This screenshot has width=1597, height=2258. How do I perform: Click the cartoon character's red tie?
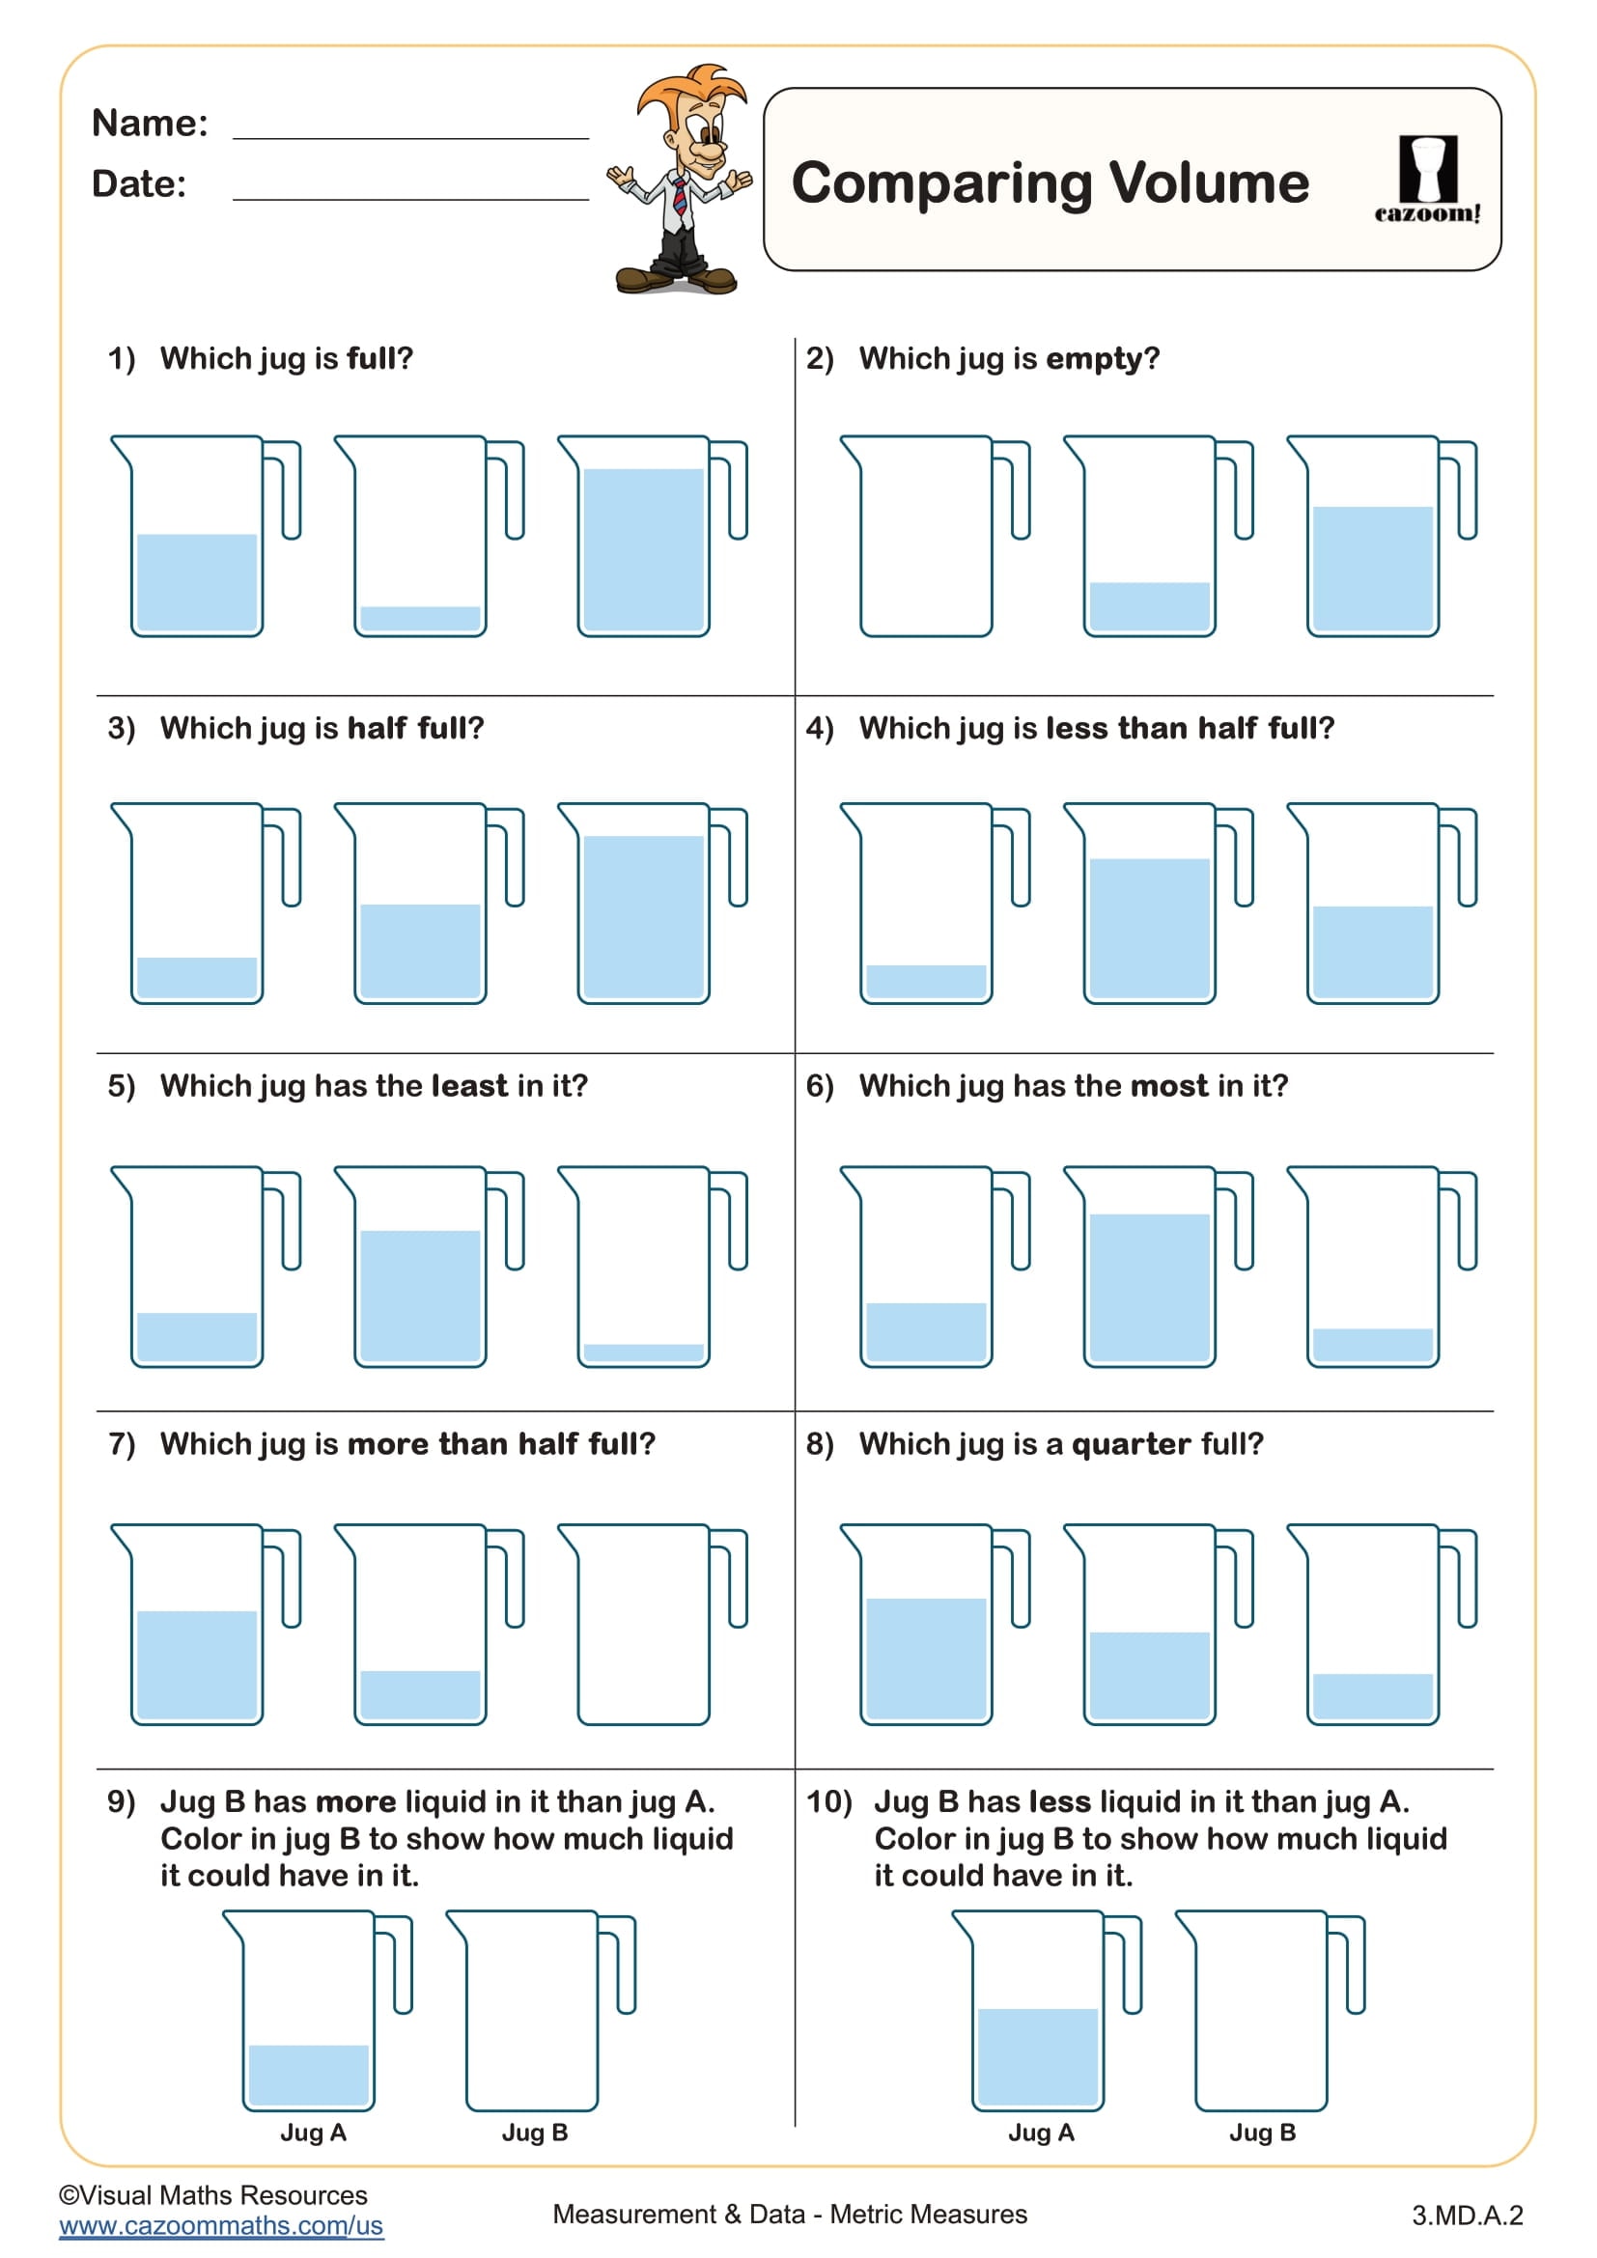[680, 196]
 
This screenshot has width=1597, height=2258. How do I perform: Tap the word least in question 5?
[469, 1086]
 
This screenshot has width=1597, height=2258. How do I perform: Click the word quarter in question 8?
[1131, 1443]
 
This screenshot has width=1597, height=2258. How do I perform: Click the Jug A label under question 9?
[313, 2133]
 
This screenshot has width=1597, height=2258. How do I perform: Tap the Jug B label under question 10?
[1263, 2133]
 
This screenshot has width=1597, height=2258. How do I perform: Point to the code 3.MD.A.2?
[1468, 2215]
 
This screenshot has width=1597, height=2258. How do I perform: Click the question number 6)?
[819, 1086]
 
